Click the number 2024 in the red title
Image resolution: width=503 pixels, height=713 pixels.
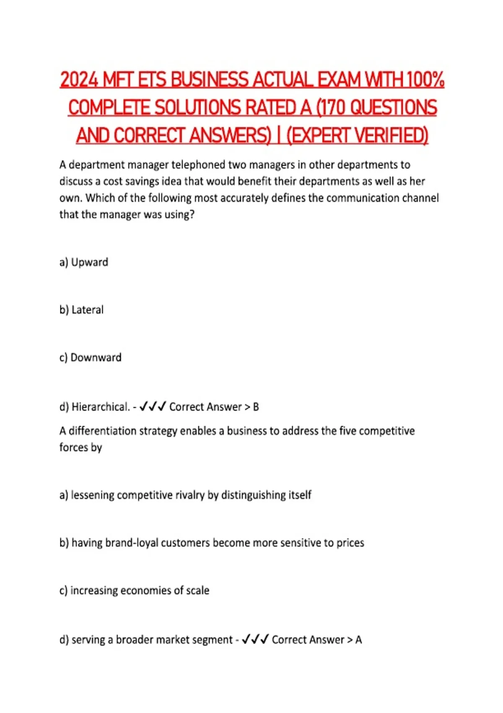[79, 80]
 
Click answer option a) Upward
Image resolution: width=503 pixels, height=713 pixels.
[84, 262]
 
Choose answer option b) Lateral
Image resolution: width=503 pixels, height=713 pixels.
[81, 310]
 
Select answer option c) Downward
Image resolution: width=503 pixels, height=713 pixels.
[90, 358]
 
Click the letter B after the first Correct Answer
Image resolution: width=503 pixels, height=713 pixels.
[256, 407]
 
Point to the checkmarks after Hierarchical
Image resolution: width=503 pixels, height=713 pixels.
[153, 406]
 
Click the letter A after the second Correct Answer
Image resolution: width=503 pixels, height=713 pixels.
[358, 640]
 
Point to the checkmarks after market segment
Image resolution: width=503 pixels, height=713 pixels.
[255, 639]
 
